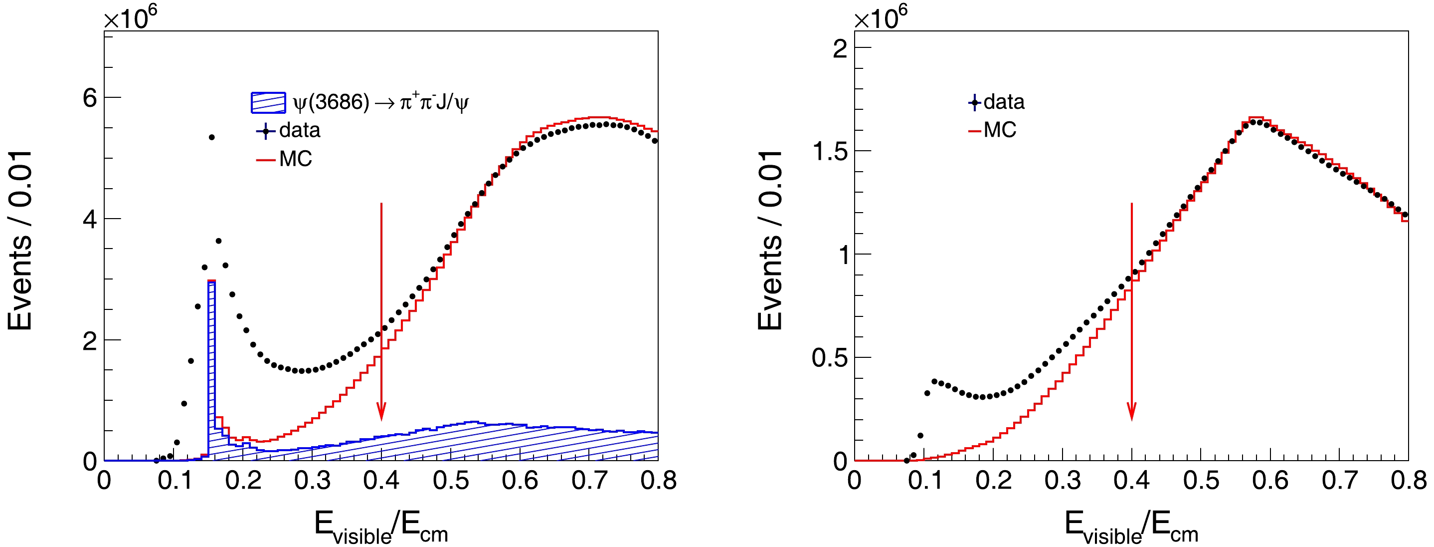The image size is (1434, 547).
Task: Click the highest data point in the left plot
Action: click(x=211, y=137)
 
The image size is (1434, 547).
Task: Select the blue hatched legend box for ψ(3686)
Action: click(x=268, y=102)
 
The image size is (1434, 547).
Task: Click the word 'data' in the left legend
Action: click(x=300, y=130)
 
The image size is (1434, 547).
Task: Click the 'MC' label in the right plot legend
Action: click(x=1000, y=130)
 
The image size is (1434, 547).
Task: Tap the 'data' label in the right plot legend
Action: click(x=1004, y=102)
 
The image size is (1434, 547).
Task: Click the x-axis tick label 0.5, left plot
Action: click(x=450, y=480)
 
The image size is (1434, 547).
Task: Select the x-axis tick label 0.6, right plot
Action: click(x=1270, y=480)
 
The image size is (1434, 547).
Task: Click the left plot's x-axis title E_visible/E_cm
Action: click(x=381, y=527)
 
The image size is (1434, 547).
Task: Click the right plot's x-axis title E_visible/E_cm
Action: click(x=1131, y=527)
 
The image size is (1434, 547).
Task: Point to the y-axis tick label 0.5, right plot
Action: click(x=830, y=358)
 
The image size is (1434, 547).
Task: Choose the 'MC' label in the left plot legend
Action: click(x=296, y=159)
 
